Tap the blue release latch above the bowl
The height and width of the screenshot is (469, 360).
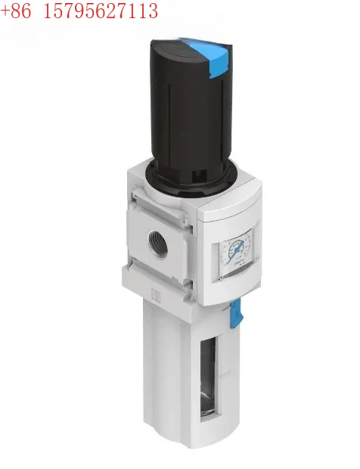tap(234, 311)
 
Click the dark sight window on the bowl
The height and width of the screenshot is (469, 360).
tap(206, 374)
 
